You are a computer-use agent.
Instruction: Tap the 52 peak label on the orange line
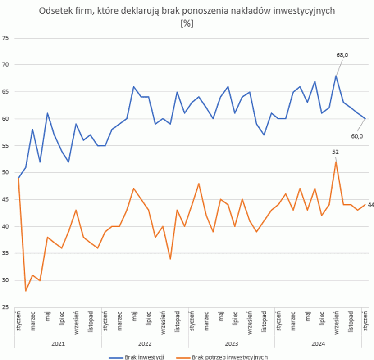(x=335, y=152)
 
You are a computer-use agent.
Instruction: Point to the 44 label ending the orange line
(x=370, y=205)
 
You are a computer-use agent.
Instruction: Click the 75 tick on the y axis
(x=6, y=38)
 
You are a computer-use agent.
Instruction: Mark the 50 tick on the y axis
(x=6, y=173)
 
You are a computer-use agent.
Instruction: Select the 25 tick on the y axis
(x=6, y=307)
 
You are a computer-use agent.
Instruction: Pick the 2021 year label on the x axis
(x=58, y=344)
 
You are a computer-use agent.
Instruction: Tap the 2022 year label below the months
(x=145, y=344)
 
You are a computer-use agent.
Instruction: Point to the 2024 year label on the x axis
(x=319, y=344)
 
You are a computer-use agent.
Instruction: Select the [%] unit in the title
(x=187, y=24)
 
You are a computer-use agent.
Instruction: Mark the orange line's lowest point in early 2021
(x=26, y=291)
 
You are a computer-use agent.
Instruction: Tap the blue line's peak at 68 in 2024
(x=336, y=76)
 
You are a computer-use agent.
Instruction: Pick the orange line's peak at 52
(x=336, y=162)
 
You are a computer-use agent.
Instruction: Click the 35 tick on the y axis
(x=6, y=253)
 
